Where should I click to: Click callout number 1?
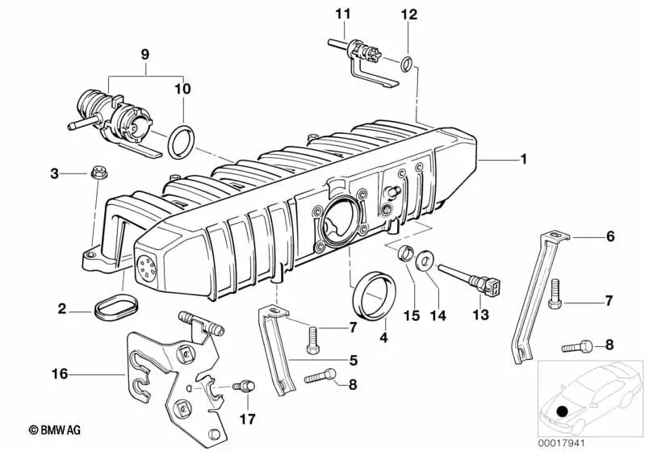coord(523,160)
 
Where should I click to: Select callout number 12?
coord(410,14)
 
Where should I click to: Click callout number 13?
coord(481,315)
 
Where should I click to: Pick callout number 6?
coord(610,237)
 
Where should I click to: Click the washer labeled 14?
coord(423,260)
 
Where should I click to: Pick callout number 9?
coord(144,56)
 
